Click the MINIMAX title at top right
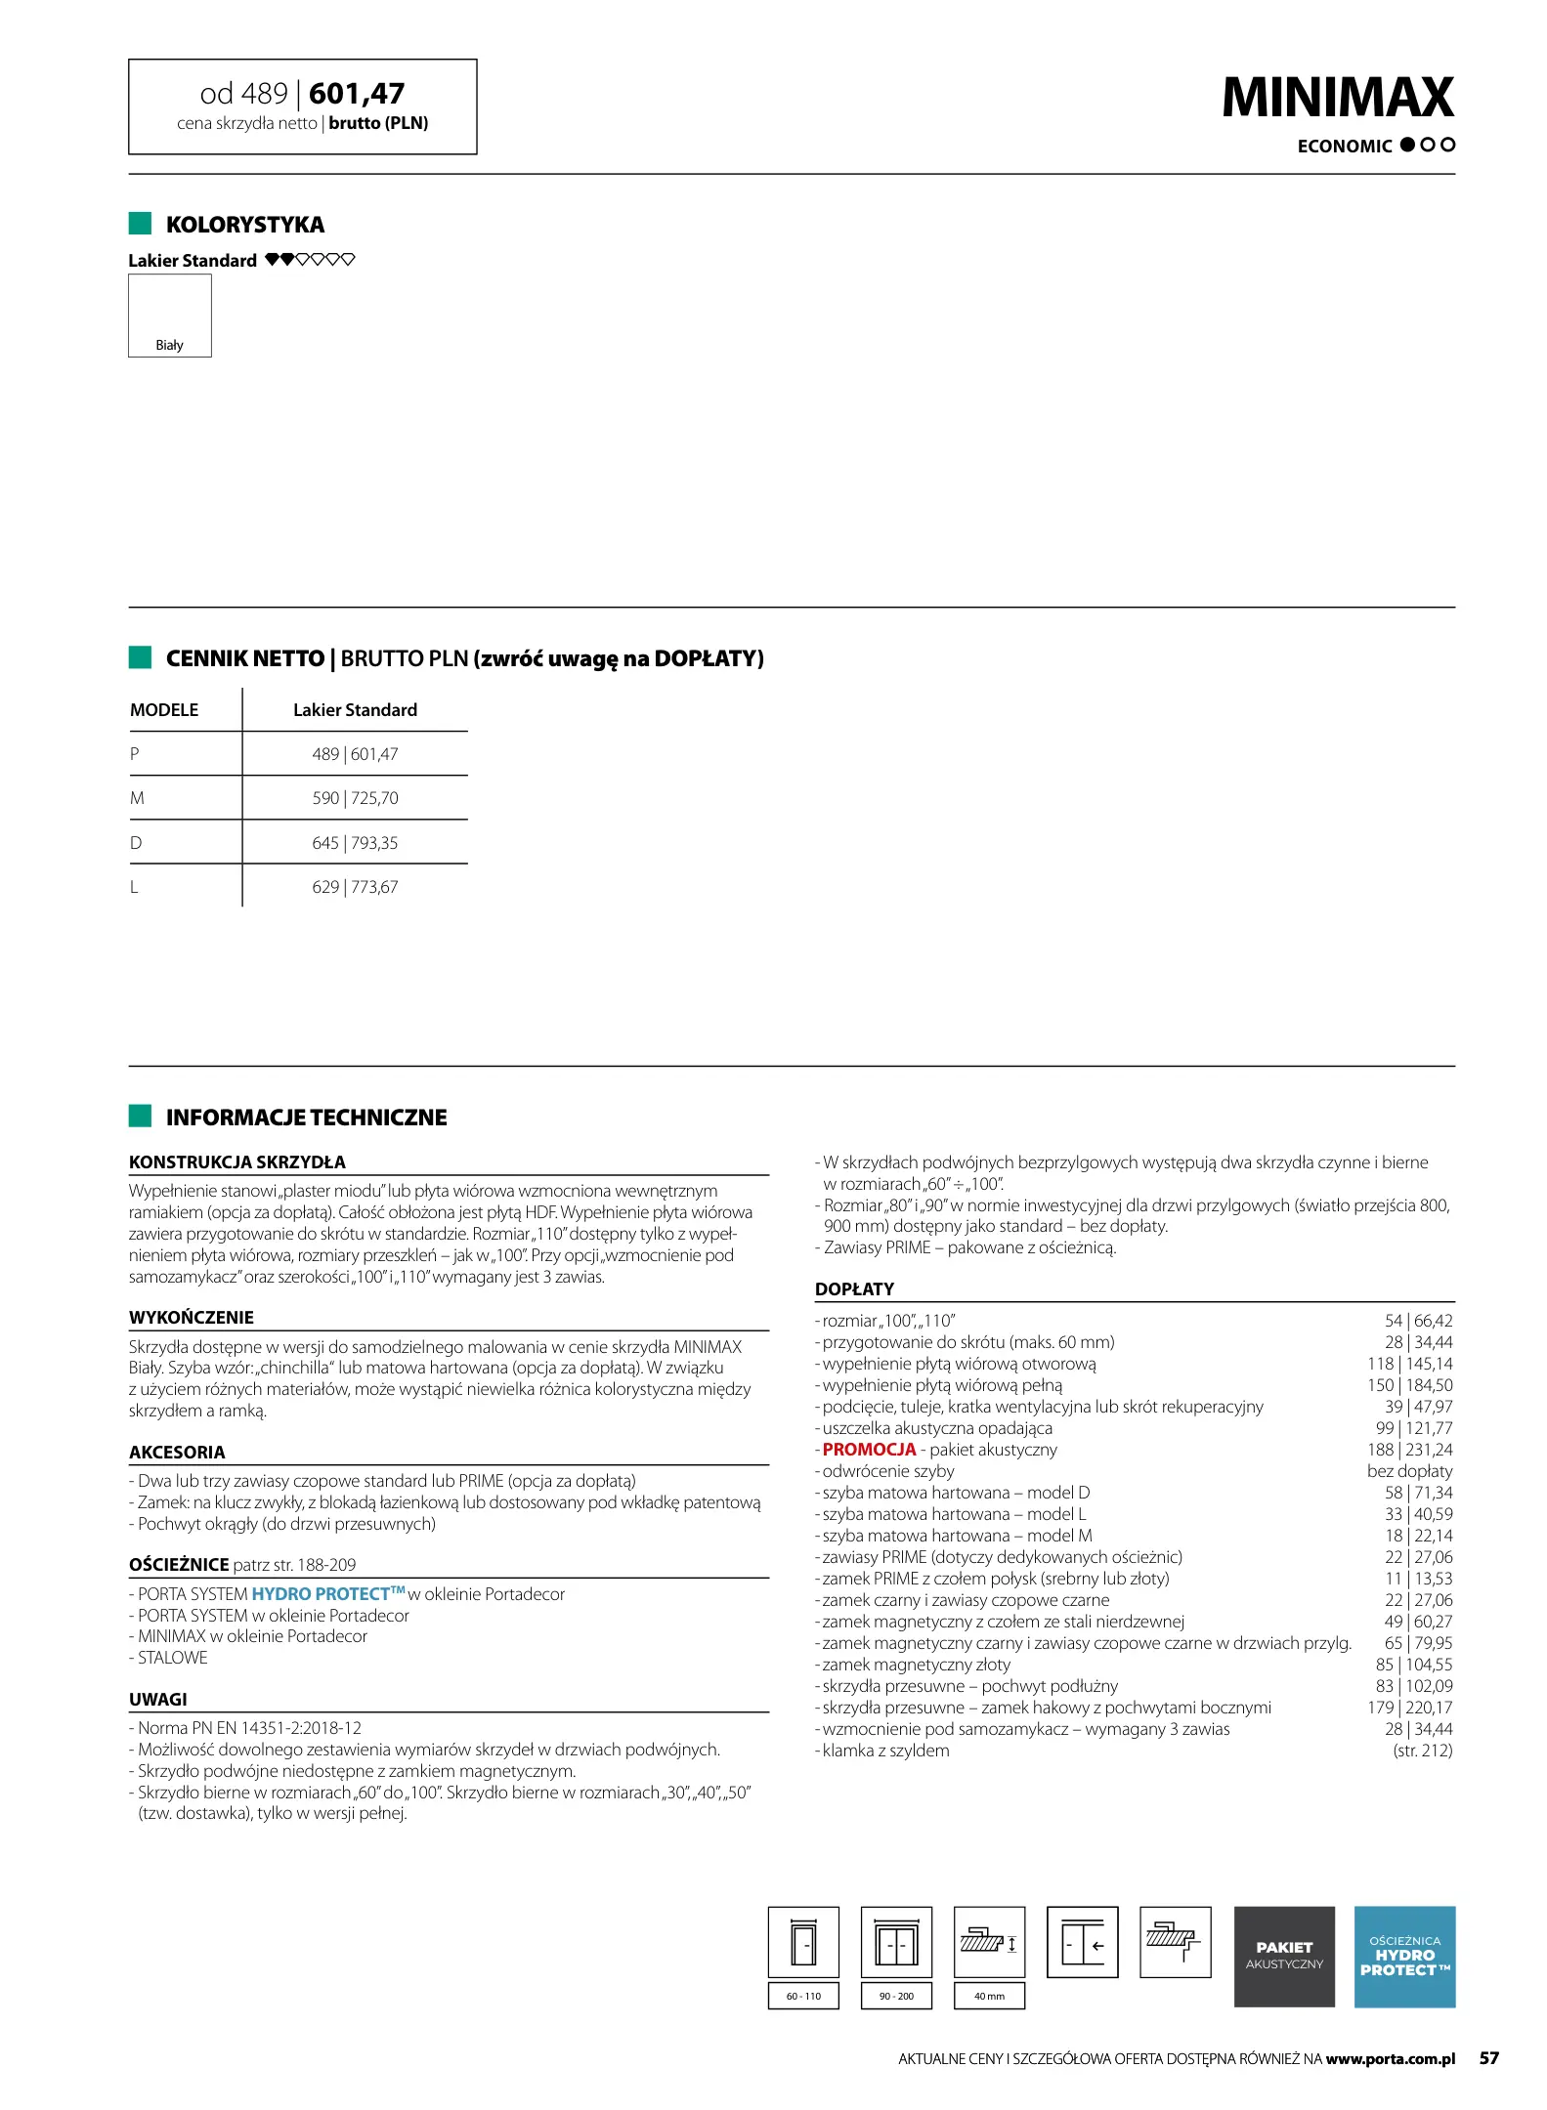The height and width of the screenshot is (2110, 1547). click(1337, 98)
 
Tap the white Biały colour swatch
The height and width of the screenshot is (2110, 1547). click(169, 315)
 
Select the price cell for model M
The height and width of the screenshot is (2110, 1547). click(355, 798)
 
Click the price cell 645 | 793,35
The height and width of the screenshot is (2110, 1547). click(355, 843)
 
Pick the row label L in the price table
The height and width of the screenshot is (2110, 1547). click(135, 887)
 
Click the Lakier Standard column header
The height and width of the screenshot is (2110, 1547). click(355, 710)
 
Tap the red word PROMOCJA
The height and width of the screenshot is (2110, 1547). click(869, 1450)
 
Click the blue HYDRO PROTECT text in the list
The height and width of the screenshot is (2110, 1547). click(321, 1594)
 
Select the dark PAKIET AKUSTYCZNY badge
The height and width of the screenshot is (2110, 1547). click(1283, 1956)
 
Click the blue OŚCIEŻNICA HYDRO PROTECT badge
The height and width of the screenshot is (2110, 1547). click(1403, 1956)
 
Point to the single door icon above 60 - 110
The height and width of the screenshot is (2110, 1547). click(803, 1942)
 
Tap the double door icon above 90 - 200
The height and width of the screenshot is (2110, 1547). click(896, 1942)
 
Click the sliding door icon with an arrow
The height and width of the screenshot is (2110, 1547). click(1082, 1942)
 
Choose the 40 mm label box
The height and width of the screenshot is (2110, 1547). click(989, 1996)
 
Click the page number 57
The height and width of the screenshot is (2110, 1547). click(1488, 2058)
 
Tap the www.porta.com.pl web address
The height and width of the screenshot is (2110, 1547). click(1390, 2058)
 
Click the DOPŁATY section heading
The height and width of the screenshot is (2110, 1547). click(854, 1289)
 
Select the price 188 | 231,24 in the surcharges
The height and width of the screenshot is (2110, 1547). click(1409, 1450)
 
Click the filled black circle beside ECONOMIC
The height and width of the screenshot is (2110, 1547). click(1407, 145)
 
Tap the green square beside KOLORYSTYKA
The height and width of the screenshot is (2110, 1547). click(140, 224)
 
